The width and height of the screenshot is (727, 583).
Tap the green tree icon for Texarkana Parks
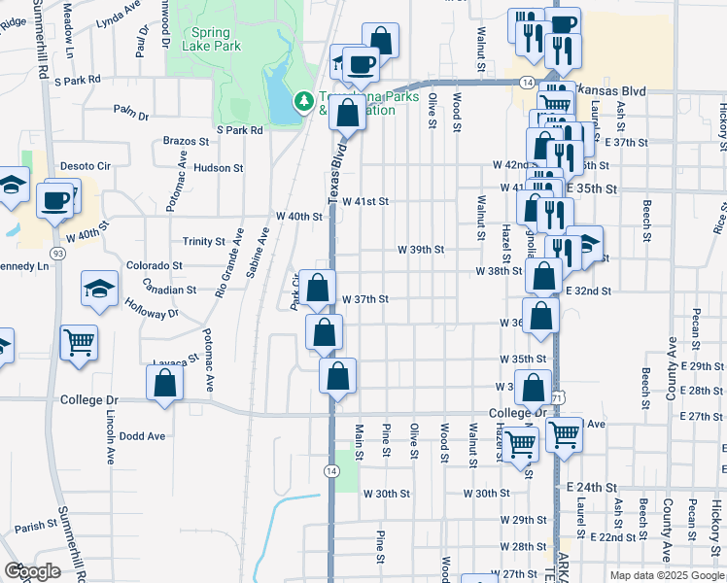tap(303, 100)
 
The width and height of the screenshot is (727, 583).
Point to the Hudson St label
tap(218, 168)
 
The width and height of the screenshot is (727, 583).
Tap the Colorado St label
tap(155, 265)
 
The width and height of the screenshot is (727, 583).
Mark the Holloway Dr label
tap(152, 308)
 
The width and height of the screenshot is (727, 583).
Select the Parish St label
tap(37, 527)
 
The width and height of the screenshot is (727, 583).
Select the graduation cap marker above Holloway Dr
tap(98, 289)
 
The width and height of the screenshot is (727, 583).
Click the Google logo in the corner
tap(32, 571)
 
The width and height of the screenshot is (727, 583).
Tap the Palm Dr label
tap(130, 116)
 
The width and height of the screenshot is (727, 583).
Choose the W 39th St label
tap(420, 250)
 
